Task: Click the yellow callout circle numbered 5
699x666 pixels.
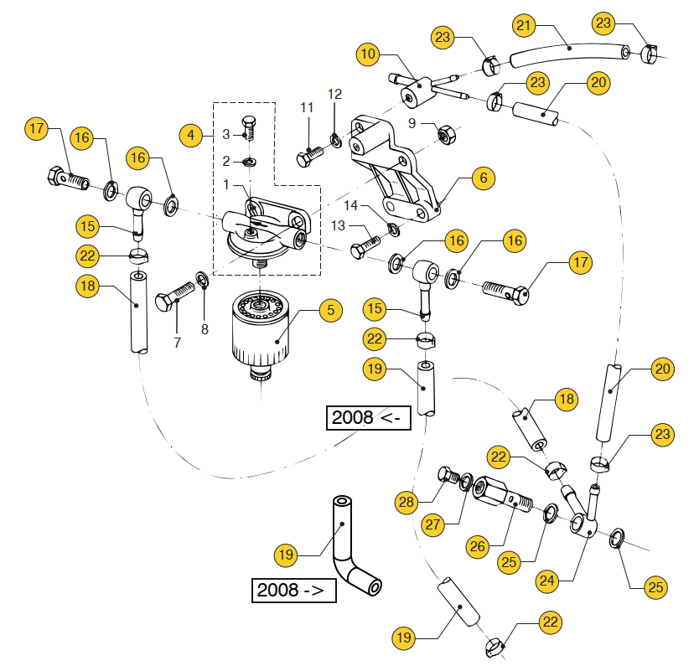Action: tap(331, 310)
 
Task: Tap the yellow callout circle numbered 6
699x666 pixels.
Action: tap(484, 178)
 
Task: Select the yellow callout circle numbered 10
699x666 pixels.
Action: tap(368, 54)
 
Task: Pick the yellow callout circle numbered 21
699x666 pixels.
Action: tap(525, 26)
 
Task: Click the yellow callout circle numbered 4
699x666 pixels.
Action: tap(191, 134)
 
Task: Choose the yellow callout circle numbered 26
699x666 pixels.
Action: tap(478, 546)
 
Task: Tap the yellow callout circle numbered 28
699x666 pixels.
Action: tap(406, 502)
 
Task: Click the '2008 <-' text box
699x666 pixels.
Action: tap(368, 417)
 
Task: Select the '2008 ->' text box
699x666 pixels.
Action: tap(294, 590)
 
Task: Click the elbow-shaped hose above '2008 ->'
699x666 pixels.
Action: tap(348, 544)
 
